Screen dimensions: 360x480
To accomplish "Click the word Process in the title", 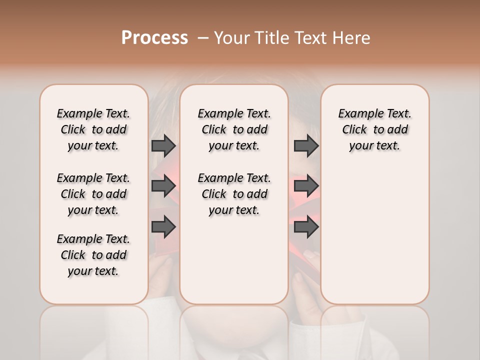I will (154, 38).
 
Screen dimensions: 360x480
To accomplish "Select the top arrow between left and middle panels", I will (163, 145).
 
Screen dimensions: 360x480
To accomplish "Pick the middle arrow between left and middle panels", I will (163, 186).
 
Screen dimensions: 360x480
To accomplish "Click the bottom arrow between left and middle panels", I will (163, 226).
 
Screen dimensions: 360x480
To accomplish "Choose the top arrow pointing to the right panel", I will (306, 145).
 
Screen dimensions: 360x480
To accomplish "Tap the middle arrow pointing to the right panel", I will (306, 186).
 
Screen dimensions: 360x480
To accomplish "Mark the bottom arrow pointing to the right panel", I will (306, 226).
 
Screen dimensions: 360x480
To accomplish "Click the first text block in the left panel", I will (93, 129).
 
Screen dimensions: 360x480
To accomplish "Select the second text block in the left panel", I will (93, 194).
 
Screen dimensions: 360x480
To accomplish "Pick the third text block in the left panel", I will (93, 255).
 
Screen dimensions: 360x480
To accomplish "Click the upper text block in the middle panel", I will (234, 129).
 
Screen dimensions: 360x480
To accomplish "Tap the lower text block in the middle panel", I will (234, 194).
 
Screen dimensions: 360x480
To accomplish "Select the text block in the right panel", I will (374, 129).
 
